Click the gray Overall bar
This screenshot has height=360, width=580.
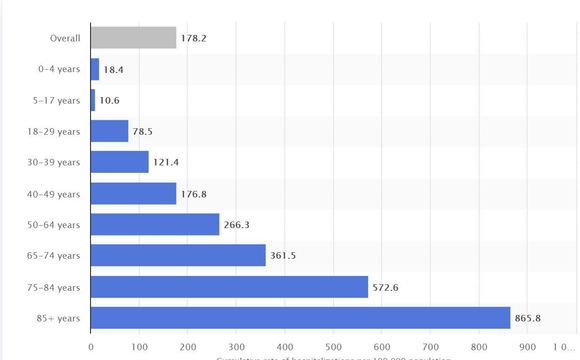(133, 38)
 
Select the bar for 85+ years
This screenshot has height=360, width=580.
(300, 318)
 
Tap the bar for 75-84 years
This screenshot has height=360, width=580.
(229, 287)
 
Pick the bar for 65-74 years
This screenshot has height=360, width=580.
(178, 256)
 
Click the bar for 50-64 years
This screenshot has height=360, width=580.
(155, 225)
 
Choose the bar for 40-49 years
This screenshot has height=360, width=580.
(133, 193)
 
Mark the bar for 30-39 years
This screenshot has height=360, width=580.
(120, 162)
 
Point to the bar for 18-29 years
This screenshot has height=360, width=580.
(110, 131)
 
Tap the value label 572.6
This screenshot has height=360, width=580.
(388, 287)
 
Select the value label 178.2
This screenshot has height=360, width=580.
(194, 38)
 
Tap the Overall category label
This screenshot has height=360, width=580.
(66, 38)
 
